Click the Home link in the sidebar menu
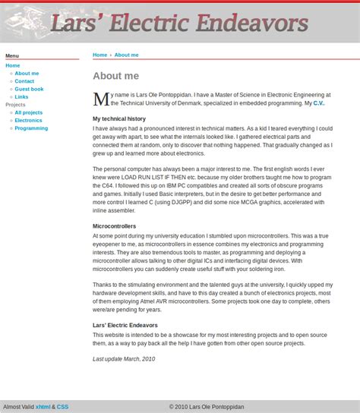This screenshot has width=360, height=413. pyautogui.click(x=13, y=65)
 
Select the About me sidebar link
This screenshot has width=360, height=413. pyautogui.click(x=27, y=74)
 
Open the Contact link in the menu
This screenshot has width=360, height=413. pyautogui.click(x=24, y=81)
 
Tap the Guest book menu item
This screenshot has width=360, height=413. pyautogui.click(x=29, y=89)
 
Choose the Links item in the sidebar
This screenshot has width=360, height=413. pyautogui.click(x=21, y=97)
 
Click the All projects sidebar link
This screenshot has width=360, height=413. pyautogui.click(x=28, y=112)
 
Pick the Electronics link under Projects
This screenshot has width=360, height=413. pyautogui.click(x=28, y=120)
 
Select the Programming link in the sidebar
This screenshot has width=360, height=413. pyautogui.click(x=31, y=128)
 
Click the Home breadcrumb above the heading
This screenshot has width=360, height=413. pyautogui.click(x=99, y=55)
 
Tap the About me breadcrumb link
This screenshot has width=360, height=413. pyautogui.click(x=126, y=55)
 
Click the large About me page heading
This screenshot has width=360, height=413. pyautogui.click(x=115, y=76)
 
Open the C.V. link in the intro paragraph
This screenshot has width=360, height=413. pyautogui.click(x=318, y=103)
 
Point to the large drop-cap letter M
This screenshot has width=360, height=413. pyautogui.click(x=100, y=99)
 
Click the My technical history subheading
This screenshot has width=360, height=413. pyautogui.click(x=119, y=119)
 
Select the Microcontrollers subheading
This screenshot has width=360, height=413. pyautogui.click(x=114, y=226)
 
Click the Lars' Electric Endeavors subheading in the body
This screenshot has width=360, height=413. pyautogui.click(x=125, y=325)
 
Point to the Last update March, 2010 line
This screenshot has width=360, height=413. pyautogui.click(x=124, y=359)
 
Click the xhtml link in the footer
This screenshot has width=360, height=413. pyautogui.click(x=43, y=407)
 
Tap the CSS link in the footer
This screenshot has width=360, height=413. pyautogui.click(x=62, y=407)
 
